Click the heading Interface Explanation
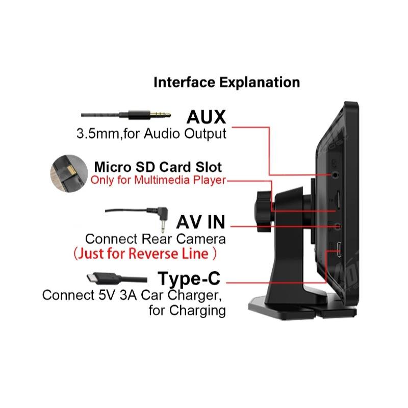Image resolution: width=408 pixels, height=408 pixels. point(226,82)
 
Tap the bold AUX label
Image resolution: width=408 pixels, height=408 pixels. point(206,117)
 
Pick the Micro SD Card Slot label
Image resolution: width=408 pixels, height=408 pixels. point(158,167)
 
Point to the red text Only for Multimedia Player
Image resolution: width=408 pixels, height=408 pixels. point(158,180)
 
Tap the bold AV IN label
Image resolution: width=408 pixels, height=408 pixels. point(200,222)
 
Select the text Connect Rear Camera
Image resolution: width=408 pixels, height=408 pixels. point(155,239)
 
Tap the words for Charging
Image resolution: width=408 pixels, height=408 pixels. point(187,310)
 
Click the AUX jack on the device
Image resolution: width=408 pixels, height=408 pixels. point(335,174)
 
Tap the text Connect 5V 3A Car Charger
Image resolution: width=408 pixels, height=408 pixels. point(133,295)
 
